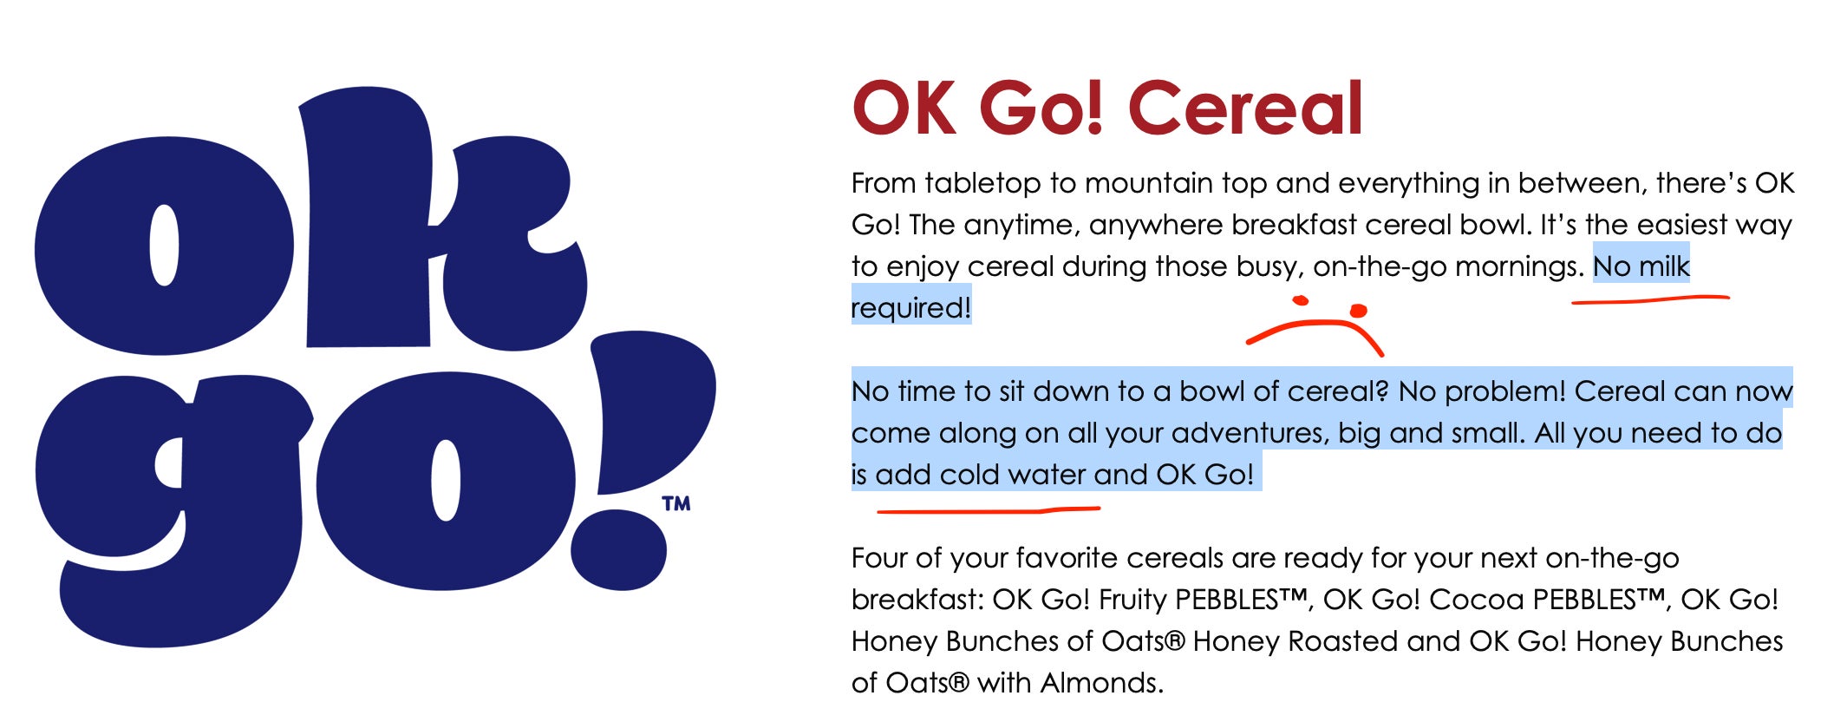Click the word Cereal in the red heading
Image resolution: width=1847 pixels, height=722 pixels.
pos(1247,108)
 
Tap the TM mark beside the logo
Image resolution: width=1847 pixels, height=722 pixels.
pos(676,503)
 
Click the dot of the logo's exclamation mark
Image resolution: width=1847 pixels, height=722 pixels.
pos(619,549)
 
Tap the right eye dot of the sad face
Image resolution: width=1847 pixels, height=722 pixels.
pos(1358,311)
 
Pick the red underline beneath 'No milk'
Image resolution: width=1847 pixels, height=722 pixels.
pos(1650,300)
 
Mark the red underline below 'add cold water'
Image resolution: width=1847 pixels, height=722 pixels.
pos(989,510)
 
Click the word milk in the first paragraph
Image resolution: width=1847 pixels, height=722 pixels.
pos(1663,266)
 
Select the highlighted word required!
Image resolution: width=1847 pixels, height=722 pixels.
pos(911,307)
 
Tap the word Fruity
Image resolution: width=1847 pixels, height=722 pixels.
pos(1132,600)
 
